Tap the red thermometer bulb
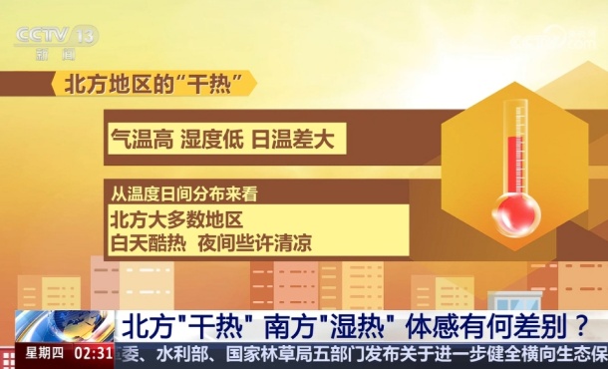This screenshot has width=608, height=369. [x=516, y=212]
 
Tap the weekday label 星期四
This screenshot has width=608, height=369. [x=44, y=353]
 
